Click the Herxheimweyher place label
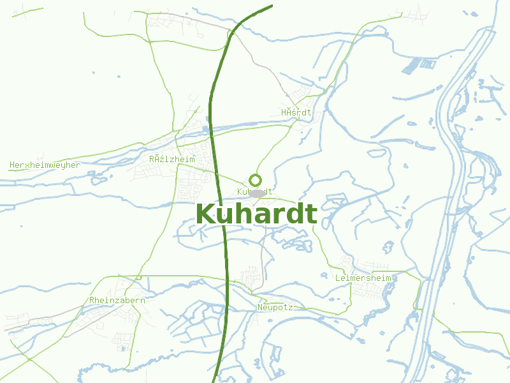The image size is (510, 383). coord(45,165)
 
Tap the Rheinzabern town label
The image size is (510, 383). coord(117,300)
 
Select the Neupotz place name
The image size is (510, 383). coord(275,307)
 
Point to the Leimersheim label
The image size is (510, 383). coord(363,278)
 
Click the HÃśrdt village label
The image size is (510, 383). coord(296,112)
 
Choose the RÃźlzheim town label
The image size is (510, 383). coord(172,158)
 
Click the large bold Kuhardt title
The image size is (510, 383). coord(256,214)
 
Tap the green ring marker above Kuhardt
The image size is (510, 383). coord(256,180)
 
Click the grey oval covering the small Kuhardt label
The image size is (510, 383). coord(257,192)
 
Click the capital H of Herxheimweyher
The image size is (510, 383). coord(12,165)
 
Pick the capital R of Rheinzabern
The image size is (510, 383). coord(92,300)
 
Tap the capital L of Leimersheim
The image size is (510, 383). coord(338,278)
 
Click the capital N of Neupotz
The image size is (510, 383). coord(260,307)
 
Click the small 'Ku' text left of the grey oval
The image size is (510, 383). coord(242,191)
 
